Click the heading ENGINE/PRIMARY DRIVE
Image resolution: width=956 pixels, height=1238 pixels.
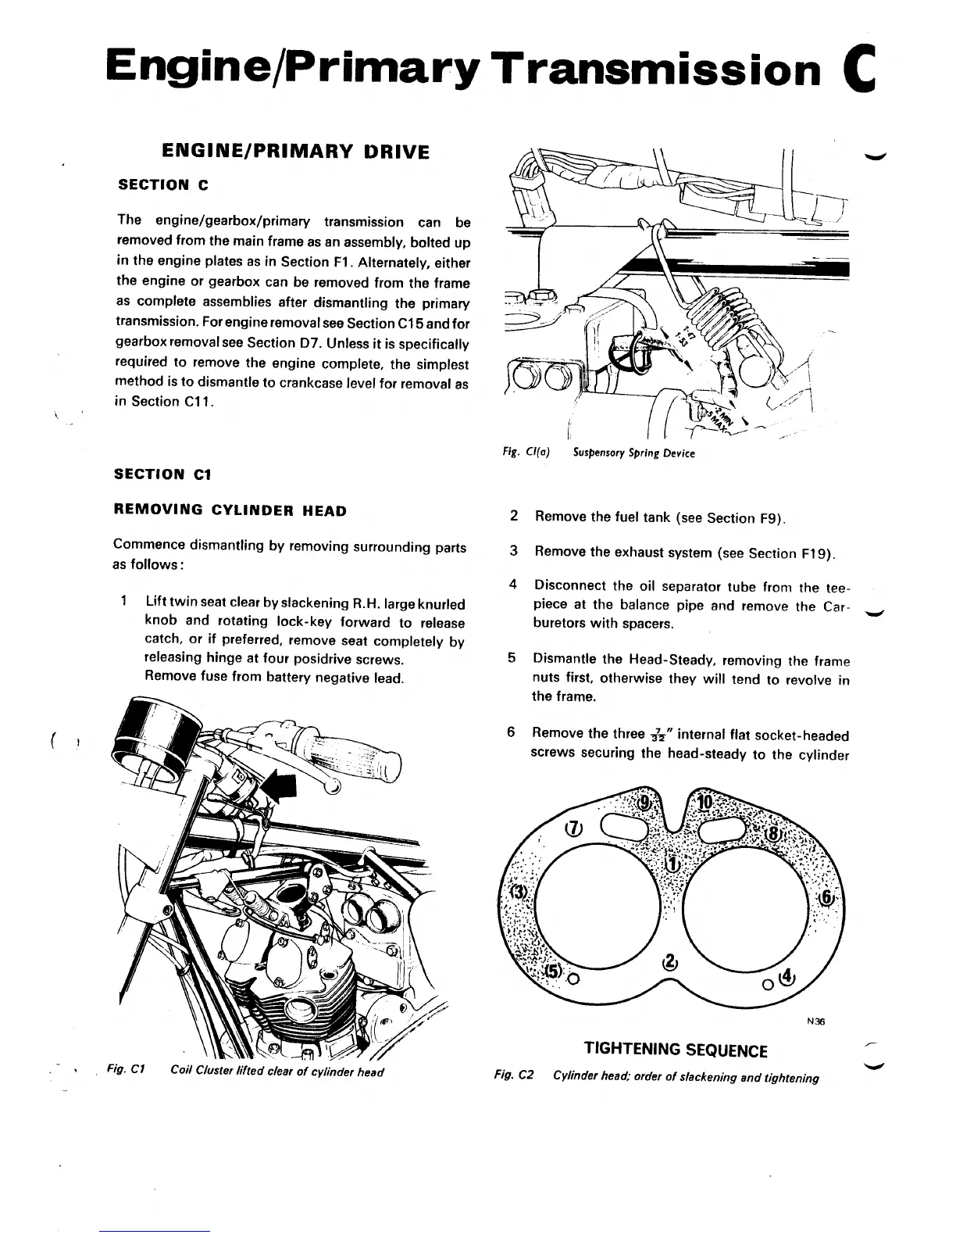click(x=294, y=151)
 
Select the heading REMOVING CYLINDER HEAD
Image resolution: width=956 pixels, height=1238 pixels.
click(x=230, y=510)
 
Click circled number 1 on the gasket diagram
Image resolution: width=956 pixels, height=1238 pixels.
click(x=672, y=864)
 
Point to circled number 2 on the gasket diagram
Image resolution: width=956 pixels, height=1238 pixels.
click(x=670, y=961)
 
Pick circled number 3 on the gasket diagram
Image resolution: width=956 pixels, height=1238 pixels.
click(x=517, y=893)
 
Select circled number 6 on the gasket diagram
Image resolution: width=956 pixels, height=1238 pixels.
click(x=825, y=897)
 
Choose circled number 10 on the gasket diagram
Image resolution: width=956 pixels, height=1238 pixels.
click(x=705, y=803)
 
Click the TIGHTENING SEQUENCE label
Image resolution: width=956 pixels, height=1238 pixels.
click(x=676, y=1050)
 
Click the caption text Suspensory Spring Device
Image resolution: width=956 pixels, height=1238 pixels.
click(x=633, y=453)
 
